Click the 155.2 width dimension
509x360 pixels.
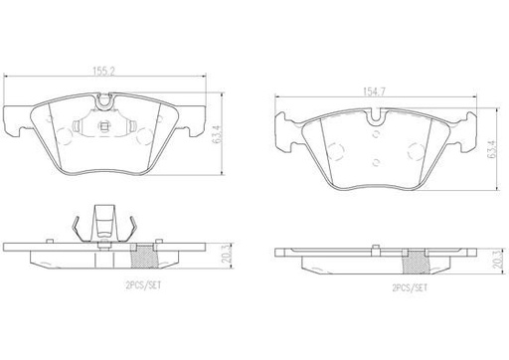tap(103, 71)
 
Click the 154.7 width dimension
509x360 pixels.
tap(375, 91)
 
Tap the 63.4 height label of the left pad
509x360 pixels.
tap(217, 133)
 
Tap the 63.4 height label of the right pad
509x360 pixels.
tap(491, 149)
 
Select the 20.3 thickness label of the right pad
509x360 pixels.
tap(499, 260)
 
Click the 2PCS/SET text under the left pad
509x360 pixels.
tap(143, 285)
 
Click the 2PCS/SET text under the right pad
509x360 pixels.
tap(410, 287)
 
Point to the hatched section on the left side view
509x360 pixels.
tap(144, 256)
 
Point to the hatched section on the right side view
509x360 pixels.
tap(416, 262)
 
